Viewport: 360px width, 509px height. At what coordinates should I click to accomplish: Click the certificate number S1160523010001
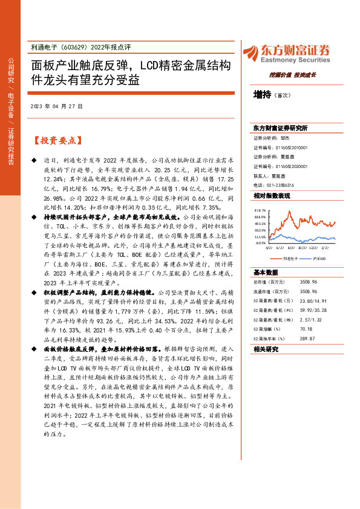click(289, 146)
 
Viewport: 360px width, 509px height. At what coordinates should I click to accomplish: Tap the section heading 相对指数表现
click(272, 196)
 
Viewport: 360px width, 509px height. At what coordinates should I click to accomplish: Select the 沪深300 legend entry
click(318, 258)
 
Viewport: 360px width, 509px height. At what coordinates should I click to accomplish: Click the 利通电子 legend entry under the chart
click(290, 258)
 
